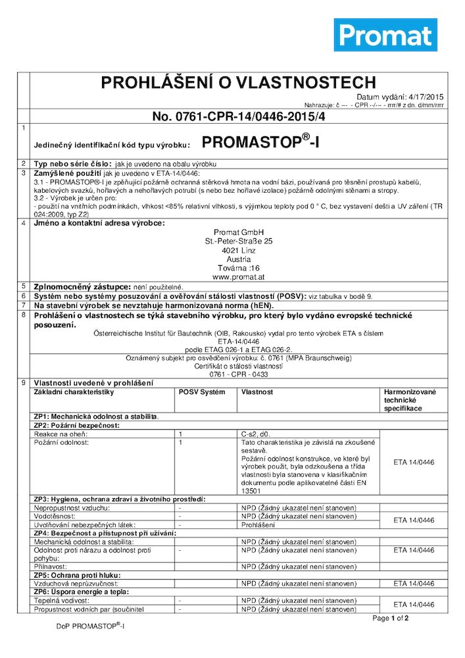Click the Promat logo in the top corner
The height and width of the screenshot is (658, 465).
click(385, 35)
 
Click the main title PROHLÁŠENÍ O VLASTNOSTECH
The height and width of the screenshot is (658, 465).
click(237, 83)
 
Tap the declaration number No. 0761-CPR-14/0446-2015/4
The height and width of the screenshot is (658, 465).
click(237, 116)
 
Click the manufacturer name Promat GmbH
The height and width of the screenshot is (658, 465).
click(238, 232)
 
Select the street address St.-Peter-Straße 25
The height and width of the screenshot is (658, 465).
click(238, 241)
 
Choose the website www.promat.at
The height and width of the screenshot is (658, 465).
click(238, 277)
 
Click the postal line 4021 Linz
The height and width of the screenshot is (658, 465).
click(238, 251)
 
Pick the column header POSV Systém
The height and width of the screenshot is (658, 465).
click(202, 392)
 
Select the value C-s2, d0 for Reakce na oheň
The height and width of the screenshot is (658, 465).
click(256, 434)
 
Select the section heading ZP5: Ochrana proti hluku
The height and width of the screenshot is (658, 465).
click(76, 574)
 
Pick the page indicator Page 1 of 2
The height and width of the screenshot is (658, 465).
click(391, 619)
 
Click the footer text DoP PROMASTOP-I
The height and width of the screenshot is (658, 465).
click(89, 626)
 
